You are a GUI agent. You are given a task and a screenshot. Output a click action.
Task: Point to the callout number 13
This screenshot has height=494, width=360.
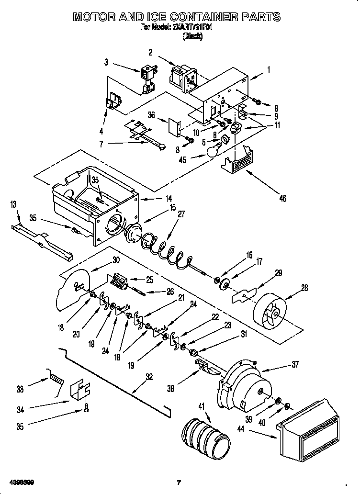click(14, 205)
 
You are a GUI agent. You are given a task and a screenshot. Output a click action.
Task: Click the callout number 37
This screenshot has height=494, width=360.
click(294, 365)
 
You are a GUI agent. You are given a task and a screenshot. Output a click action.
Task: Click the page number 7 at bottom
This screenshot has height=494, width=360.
click(178, 482)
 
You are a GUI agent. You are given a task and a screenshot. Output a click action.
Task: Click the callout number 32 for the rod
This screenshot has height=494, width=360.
click(149, 377)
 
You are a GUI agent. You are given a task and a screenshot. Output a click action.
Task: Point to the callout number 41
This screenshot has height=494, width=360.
click(201, 406)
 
